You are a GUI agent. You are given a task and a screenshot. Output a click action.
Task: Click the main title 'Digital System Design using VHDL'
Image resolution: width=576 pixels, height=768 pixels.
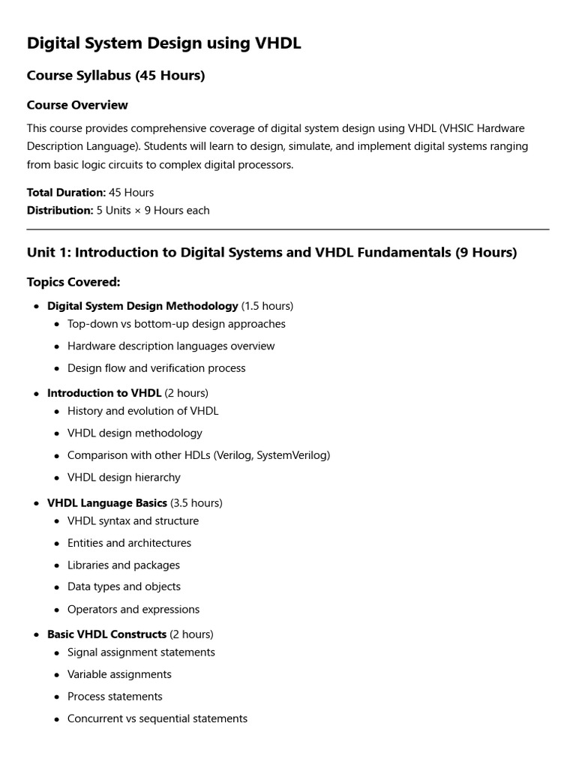tap(163, 43)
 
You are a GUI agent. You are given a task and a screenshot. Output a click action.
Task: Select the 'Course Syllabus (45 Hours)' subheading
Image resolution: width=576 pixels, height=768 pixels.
tap(115, 76)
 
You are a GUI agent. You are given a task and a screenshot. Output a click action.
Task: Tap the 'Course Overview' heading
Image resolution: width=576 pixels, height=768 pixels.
tap(77, 105)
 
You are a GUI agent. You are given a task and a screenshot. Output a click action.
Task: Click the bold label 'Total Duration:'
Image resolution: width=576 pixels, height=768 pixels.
tap(66, 193)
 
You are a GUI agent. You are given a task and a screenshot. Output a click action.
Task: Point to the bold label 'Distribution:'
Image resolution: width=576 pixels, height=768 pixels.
tap(60, 211)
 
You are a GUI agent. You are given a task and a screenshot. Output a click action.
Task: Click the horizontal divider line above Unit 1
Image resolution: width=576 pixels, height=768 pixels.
tap(288, 229)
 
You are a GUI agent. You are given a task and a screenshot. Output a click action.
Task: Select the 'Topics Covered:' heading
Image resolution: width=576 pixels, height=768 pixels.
tap(73, 282)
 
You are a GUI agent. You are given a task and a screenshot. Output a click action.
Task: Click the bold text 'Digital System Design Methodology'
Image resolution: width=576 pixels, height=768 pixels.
tap(142, 306)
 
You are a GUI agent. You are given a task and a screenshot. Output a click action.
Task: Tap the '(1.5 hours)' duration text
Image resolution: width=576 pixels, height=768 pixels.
tap(268, 306)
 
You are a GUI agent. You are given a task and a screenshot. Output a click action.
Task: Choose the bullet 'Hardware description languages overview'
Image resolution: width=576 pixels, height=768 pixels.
tap(171, 346)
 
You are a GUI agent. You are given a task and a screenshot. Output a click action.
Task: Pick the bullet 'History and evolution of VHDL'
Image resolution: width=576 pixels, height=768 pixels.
tap(143, 411)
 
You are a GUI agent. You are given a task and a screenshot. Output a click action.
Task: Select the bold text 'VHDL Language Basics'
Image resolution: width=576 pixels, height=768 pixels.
tap(107, 502)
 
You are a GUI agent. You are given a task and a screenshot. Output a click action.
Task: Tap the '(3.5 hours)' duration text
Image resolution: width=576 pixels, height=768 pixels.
tap(196, 502)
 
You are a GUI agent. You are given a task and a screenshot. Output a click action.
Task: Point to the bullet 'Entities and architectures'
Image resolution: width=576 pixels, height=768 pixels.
tap(129, 543)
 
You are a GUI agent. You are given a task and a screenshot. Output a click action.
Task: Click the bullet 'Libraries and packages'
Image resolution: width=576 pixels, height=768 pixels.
tap(124, 565)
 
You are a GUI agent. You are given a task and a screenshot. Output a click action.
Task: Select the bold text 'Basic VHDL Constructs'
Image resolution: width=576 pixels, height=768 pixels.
tap(106, 634)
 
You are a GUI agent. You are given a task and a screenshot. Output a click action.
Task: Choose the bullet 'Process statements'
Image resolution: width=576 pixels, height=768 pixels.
tap(115, 697)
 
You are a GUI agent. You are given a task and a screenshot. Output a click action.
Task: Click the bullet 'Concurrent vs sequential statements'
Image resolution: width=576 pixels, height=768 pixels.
tap(157, 718)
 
